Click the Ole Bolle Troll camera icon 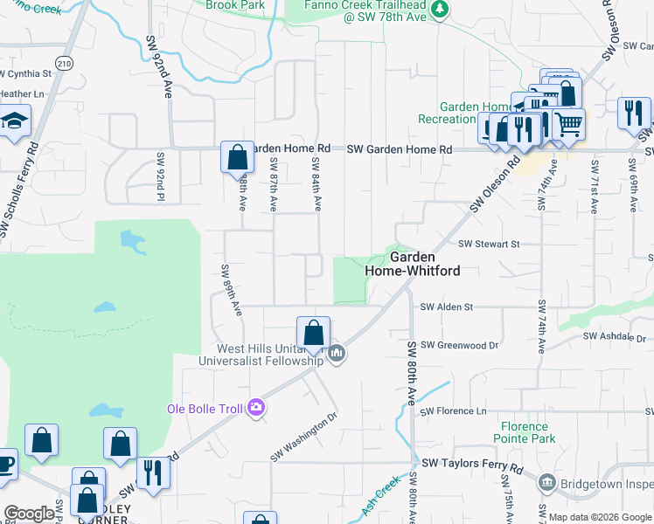click(x=255, y=407)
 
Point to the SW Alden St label click(x=446, y=307)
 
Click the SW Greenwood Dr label click(x=459, y=345)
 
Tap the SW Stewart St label click(x=489, y=245)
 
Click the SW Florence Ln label click(x=453, y=410)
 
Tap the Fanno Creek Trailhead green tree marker click(x=440, y=9)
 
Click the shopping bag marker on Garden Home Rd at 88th click(x=237, y=158)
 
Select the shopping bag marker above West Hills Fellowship click(x=313, y=333)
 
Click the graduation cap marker click(x=14, y=121)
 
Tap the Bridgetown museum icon click(x=546, y=482)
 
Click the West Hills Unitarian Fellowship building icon click(x=337, y=354)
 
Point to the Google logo click(x=29, y=514)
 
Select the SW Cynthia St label click(x=26, y=73)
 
